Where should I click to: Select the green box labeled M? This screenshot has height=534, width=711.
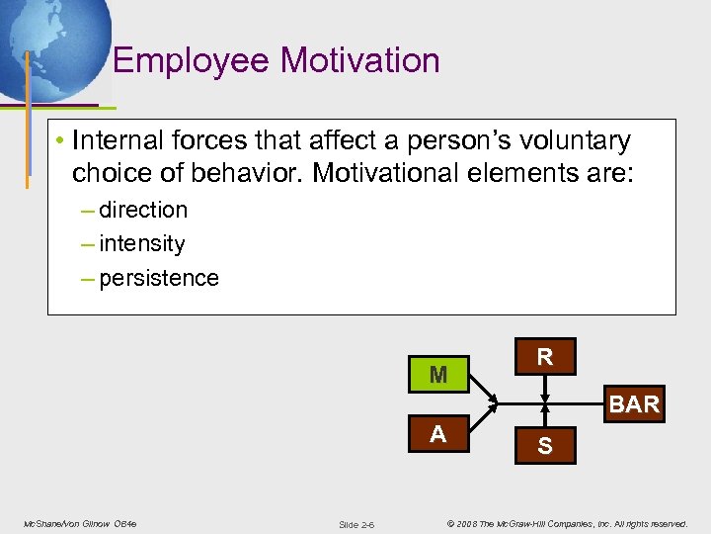pos(438,375)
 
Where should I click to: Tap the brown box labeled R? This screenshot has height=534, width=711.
pos(544,357)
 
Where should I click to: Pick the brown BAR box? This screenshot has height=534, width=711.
pos(634,404)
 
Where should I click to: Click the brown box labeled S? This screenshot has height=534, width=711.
pos(544,448)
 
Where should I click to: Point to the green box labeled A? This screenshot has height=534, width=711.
pos(438,435)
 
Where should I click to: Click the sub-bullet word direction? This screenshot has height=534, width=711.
pos(143,210)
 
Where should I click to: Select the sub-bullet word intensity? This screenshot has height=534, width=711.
pos(142,243)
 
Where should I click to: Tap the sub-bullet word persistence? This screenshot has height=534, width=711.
pos(159,278)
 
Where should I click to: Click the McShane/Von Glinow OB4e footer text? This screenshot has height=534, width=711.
pos(80,522)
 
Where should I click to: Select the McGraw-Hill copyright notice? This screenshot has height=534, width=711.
pos(567,522)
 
